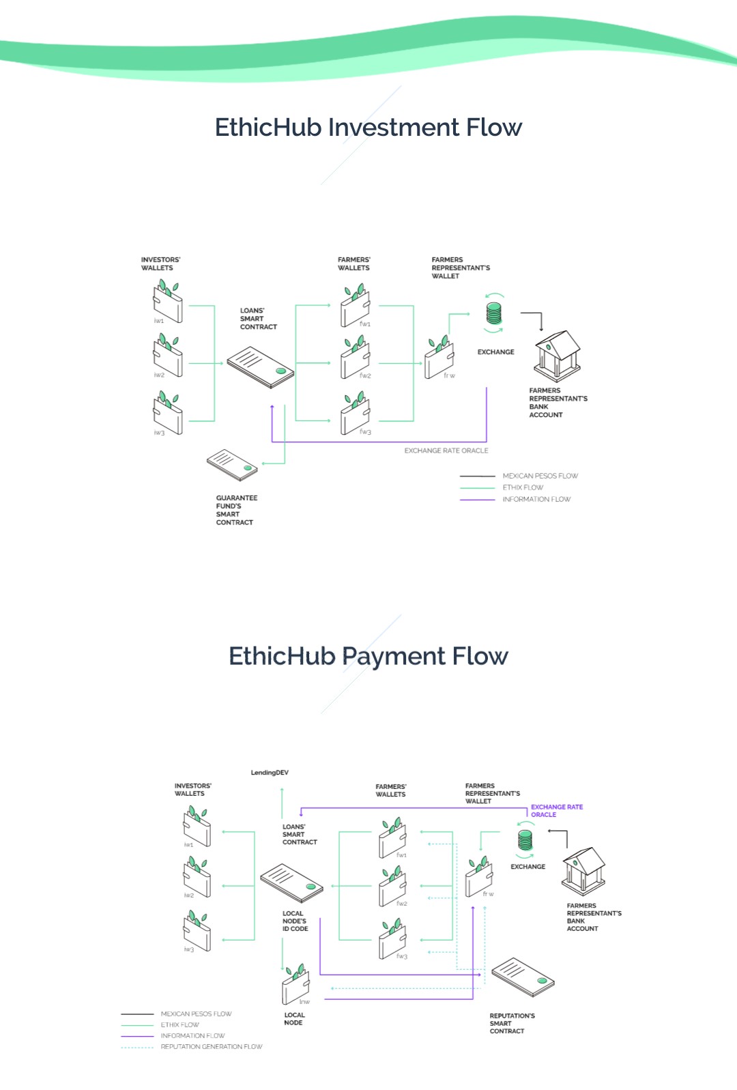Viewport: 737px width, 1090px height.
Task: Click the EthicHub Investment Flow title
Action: pyautogui.click(x=369, y=128)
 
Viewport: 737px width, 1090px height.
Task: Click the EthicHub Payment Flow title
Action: pyautogui.click(x=369, y=657)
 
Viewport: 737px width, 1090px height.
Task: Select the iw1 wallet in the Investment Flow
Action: pyautogui.click(x=168, y=302)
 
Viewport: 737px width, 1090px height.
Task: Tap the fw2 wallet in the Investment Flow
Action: pyautogui.click(x=356, y=358)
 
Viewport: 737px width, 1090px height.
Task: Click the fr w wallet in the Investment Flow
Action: pyautogui.click(x=439, y=358)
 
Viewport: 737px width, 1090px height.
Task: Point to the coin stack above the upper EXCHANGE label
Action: pyautogui.click(x=493, y=313)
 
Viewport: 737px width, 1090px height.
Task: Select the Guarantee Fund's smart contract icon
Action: pyautogui.click(x=233, y=464)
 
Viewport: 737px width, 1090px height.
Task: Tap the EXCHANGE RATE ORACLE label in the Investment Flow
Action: pyautogui.click(x=446, y=450)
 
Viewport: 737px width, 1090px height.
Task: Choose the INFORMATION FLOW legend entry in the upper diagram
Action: pyautogui.click(x=536, y=500)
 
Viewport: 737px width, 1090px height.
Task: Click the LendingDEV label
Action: pyautogui.click(x=270, y=773)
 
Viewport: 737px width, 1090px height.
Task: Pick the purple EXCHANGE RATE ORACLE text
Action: pyautogui.click(x=556, y=811)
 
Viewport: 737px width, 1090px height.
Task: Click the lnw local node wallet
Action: pyautogui.click(x=296, y=985)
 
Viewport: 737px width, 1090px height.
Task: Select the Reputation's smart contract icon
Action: pyautogui.click(x=523, y=977)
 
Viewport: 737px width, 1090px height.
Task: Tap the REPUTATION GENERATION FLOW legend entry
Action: pyautogui.click(x=211, y=1047)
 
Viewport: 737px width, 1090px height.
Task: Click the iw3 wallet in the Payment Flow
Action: pyautogui.click(x=197, y=931)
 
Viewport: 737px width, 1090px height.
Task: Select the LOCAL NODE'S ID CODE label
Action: pyautogui.click(x=295, y=921)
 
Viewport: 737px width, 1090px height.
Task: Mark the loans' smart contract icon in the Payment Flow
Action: pyautogui.click(x=291, y=882)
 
